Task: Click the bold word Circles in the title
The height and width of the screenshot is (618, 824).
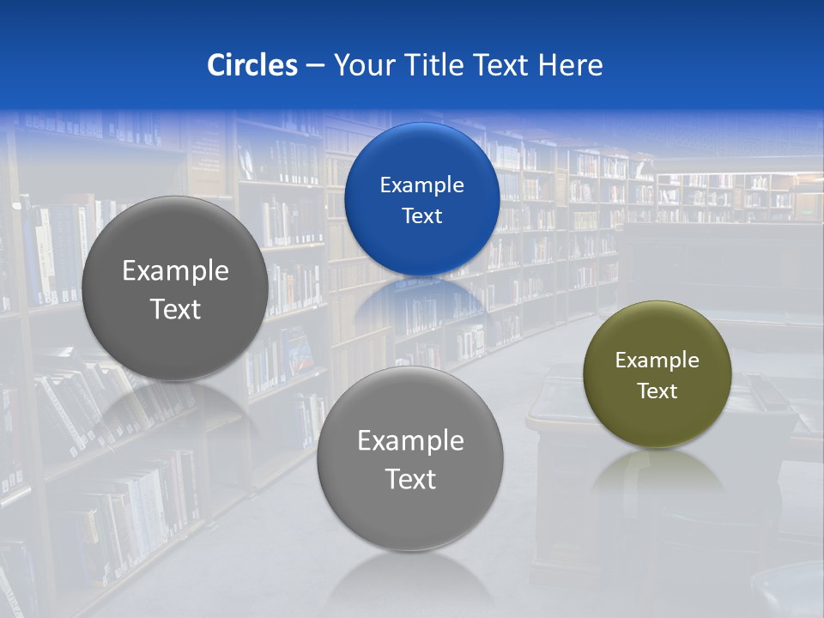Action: pyautogui.click(x=252, y=65)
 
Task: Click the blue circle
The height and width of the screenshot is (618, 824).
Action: pyautogui.click(x=421, y=199)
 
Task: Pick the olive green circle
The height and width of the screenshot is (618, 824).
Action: pyautogui.click(x=657, y=374)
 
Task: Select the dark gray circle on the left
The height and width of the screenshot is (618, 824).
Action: pyautogui.click(x=175, y=288)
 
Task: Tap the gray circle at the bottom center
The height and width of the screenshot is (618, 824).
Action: pyautogui.click(x=410, y=458)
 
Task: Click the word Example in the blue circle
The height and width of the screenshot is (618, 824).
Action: pyautogui.click(x=421, y=185)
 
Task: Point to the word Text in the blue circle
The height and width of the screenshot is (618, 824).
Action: pyautogui.click(x=421, y=215)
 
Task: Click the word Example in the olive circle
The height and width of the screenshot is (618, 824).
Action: pyautogui.click(x=657, y=360)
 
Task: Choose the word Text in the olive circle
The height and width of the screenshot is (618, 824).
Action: pyautogui.click(x=657, y=391)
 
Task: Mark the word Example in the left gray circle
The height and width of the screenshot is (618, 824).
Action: pyautogui.click(x=175, y=271)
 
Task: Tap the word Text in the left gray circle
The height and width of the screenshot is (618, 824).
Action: pyautogui.click(x=175, y=309)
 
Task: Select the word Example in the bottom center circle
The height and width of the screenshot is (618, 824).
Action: pyautogui.click(x=410, y=440)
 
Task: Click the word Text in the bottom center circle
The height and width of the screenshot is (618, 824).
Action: pyautogui.click(x=410, y=479)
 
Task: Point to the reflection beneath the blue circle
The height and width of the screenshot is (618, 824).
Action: pyautogui.click(x=421, y=300)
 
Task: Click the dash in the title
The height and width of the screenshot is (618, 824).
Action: pyautogui.click(x=315, y=66)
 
